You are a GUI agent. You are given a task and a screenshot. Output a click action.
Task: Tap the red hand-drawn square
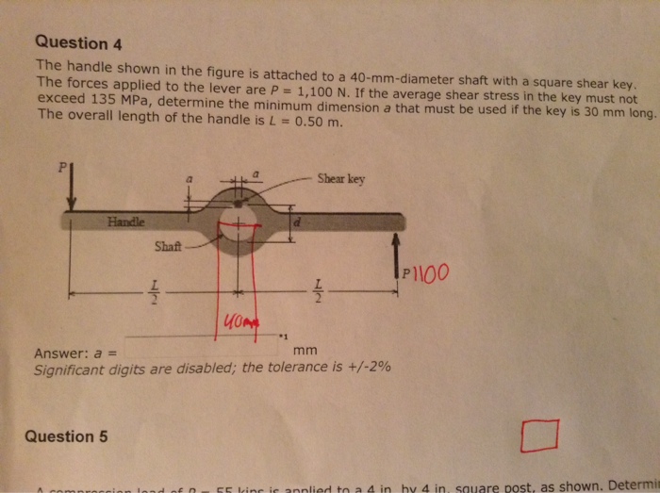538,436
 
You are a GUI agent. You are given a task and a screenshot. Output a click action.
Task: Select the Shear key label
340,178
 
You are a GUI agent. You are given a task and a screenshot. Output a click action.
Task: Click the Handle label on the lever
126,222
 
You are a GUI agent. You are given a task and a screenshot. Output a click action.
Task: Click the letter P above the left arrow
62,167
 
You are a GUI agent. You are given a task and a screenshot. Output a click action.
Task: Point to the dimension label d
299,224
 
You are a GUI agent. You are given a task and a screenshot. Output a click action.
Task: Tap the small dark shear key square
238,202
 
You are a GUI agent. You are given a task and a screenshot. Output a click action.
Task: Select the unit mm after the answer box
305,351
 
